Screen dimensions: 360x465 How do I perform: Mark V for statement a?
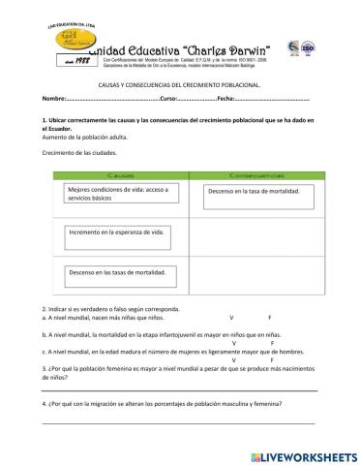pyautogui.click(x=231, y=317)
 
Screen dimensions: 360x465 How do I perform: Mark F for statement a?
pyautogui.click(x=269, y=317)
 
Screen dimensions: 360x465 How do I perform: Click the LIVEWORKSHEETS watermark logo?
pyautogui.click(x=304, y=453)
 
